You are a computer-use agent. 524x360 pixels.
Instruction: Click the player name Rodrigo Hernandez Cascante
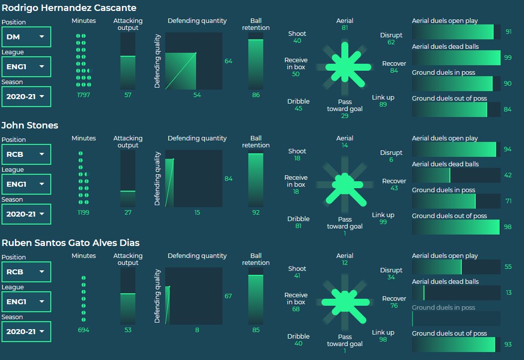[x=69, y=8]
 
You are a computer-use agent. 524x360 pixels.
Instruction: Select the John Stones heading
[x=30, y=125]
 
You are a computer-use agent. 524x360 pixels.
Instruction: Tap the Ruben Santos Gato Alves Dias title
[x=71, y=243]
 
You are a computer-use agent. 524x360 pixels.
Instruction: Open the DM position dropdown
[x=26, y=36]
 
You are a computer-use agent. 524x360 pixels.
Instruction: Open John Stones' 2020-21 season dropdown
[x=26, y=214]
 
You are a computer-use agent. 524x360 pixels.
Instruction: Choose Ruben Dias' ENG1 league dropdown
[x=26, y=302]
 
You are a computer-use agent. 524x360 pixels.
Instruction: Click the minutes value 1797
[x=84, y=95]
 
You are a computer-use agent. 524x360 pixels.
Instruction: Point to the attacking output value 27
[x=128, y=212]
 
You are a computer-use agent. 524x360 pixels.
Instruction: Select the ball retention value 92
[x=256, y=212]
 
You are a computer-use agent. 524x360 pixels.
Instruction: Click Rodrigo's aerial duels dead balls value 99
[x=508, y=58]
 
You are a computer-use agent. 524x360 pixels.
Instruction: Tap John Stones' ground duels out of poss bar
[x=456, y=227]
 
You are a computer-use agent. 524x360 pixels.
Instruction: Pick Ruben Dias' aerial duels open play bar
[x=456, y=267]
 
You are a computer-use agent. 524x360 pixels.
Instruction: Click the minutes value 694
[x=84, y=330]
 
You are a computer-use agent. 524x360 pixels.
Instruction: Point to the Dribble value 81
[x=298, y=226]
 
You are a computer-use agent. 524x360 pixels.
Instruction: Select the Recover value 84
[x=394, y=71]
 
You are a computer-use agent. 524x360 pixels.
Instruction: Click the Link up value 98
[x=383, y=340]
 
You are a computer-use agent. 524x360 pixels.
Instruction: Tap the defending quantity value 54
[x=197, y=95]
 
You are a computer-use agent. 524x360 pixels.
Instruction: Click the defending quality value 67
[x=228, y=296]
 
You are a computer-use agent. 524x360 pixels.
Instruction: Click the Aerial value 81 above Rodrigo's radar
[x=345, y=28]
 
